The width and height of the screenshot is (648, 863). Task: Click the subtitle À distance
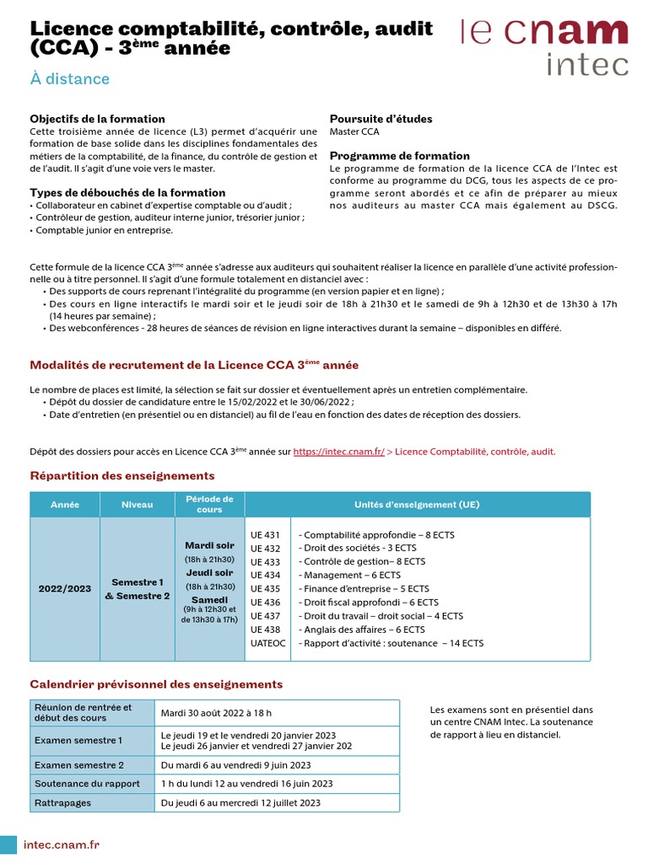[x=70, y=79]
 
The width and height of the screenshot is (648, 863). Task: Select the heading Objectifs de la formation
[x=97, y=119]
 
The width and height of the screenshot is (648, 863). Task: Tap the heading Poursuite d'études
[x=381, y=119]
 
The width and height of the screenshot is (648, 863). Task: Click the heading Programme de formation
[x=399, y=156]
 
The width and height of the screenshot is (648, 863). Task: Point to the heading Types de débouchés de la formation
[x=127, y=192]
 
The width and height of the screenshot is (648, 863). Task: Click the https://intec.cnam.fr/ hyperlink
[x=338, y=452]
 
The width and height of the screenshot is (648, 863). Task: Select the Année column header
[x=65, y=505]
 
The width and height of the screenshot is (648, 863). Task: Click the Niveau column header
[x=138, y=505]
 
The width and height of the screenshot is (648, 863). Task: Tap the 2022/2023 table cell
[x=65, y=588]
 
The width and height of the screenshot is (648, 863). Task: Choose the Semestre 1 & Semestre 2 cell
[x=138, y=588]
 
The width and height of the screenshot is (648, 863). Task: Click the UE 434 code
[x=266, y=575]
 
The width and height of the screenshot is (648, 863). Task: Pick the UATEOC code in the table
[x=268, y=643]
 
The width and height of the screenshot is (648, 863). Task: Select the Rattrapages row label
[x=62, y=803]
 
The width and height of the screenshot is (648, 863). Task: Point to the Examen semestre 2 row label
[x=78, y=765]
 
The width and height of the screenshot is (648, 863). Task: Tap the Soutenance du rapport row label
[x=87, y=784]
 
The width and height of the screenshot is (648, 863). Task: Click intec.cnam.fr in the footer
[x=62, y=844]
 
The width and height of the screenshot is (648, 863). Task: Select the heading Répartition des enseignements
[x=122, y=476]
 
